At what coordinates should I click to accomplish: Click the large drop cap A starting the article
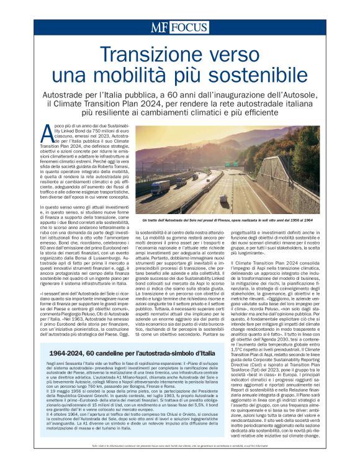tap(44, 133)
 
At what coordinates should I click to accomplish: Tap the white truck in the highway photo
tap(160, 187)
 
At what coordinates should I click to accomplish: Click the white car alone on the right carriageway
tap(224, 198)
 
